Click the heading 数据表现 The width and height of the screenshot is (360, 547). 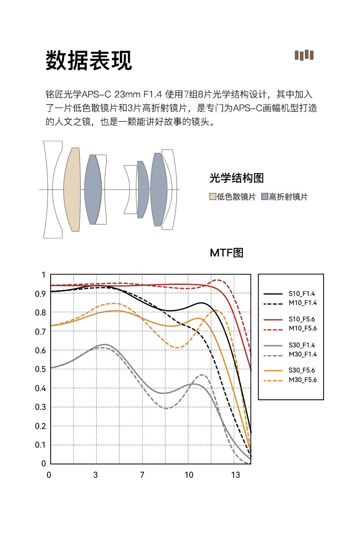coord(89,60)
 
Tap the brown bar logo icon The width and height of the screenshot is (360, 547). coord(304,55)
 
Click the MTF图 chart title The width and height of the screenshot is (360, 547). coord(226,253)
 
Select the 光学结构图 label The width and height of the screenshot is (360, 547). coord(237,178)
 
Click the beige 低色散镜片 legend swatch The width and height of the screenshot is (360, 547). coord(212,197)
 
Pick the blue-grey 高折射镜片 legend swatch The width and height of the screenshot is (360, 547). coord(264,197)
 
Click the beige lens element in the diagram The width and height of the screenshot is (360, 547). coord(72,189)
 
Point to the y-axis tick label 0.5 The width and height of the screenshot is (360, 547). coord(41,369)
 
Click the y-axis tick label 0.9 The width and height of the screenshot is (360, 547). coord(41,294)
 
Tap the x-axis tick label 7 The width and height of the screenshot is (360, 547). coord(142,475)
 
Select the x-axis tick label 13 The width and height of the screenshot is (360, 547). coord(235,475)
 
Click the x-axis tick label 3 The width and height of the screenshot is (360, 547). coord(96,475)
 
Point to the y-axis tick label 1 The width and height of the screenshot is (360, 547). coord(43,275)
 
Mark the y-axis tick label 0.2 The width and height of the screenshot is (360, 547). coord(41,426)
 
